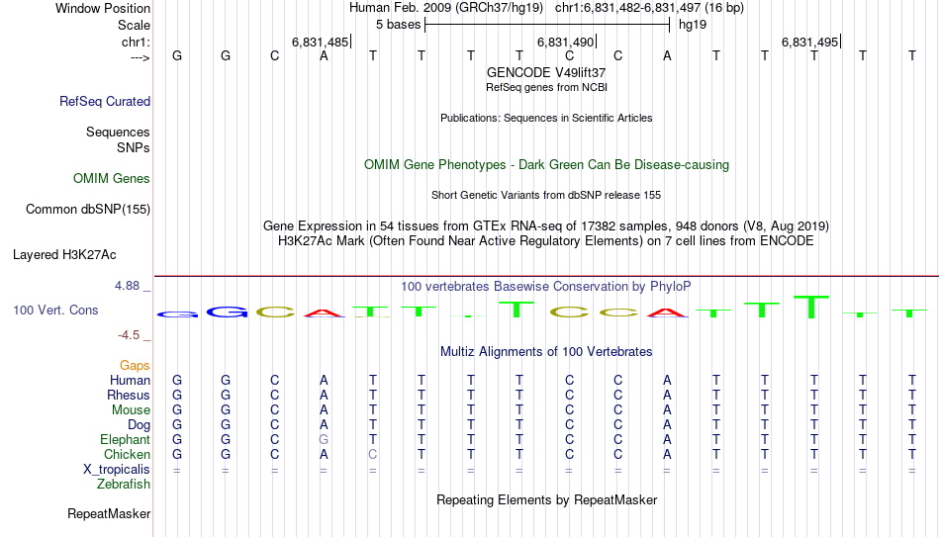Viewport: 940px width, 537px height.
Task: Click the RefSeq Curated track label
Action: [105, 101]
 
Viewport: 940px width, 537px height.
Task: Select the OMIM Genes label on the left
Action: [112, 179]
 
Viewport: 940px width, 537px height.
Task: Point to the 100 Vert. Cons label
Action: [55, 311]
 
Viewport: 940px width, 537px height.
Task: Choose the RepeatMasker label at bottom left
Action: [109, 514]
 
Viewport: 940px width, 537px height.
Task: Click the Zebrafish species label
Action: [124, 485]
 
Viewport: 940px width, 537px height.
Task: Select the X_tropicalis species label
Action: [117, 470]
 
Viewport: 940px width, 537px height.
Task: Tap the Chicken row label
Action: [127, 455]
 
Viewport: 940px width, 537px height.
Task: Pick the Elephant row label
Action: [125, 440]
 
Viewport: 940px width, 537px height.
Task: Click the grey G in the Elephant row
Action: [324, 440]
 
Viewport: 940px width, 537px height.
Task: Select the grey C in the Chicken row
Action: [372, 455]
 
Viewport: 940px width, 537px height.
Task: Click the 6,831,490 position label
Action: [565, 43]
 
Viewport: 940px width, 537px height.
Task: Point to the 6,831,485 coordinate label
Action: [320, 43]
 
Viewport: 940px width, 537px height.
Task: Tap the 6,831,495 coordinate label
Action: [809, 43]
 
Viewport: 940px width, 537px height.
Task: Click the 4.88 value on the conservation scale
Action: [128, 286]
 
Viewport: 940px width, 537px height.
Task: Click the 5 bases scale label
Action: [399, 24]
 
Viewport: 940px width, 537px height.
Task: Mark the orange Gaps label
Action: [135, 366]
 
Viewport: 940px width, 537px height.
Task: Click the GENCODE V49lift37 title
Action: [546, 73]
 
